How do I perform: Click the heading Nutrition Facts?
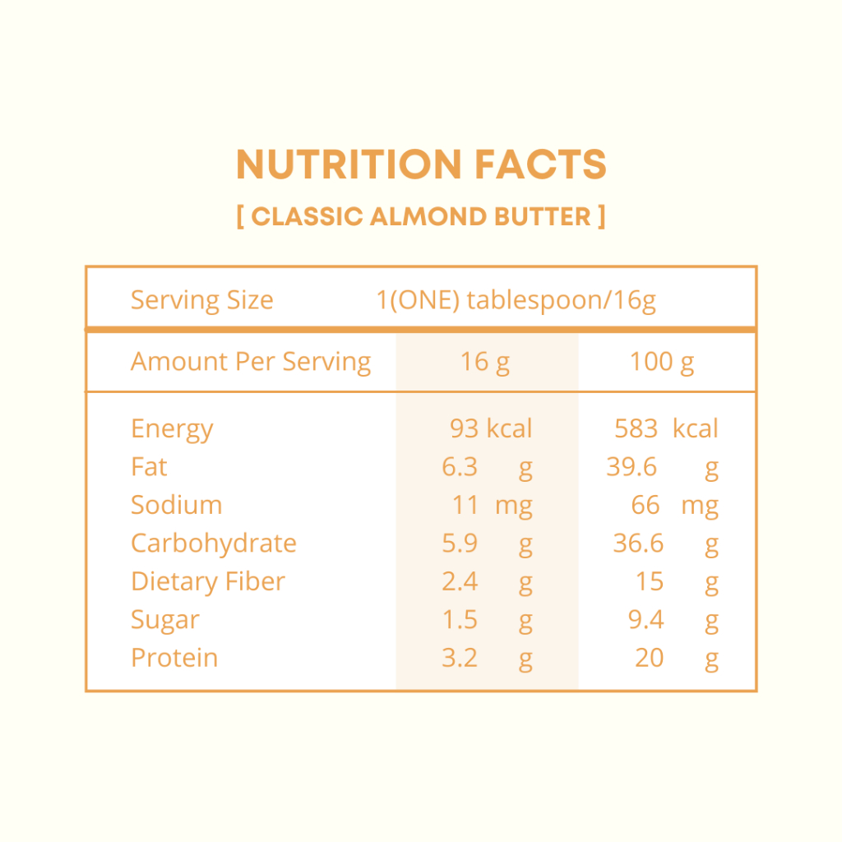click(421, 164)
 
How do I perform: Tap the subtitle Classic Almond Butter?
click(421, 216)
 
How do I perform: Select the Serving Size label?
click(202, 300)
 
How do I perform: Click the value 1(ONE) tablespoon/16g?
click(516, 300)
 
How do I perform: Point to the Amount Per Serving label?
click(251, 362)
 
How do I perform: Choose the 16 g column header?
click(485, 362)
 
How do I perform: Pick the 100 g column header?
click(662, 362)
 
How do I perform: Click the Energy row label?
click(172, 429)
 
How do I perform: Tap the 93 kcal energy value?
click(491, 428)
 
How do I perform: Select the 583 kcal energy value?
click(666, 428)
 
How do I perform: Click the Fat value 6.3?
click(460, 467)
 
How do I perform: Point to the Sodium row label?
click(176, 505)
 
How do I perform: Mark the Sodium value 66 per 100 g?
click(645, 506)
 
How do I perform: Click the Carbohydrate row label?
click(214, 544)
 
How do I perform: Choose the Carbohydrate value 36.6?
click(638, 544)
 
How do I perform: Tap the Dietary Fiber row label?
click(208, 581)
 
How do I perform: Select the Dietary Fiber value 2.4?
click(460, 581)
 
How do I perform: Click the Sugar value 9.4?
click(646, 620)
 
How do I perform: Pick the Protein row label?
click(174, 658)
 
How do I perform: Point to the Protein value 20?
click(650, 658)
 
